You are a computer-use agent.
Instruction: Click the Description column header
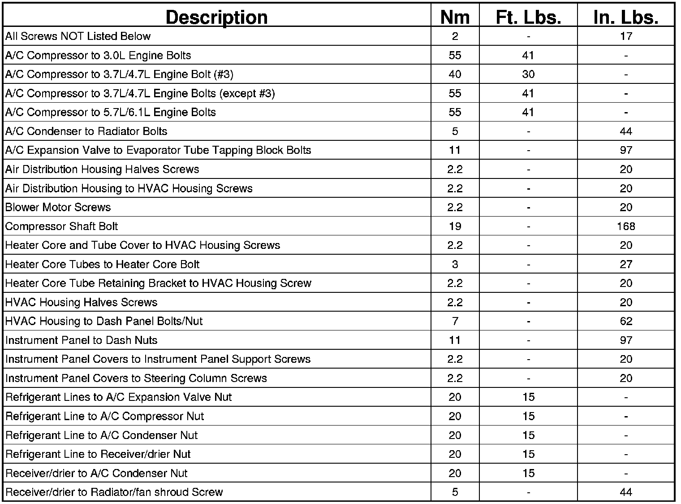(x=216, y=17)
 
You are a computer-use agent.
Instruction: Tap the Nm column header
(x=455, y=17)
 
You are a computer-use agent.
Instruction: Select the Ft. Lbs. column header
(x=528, y=17)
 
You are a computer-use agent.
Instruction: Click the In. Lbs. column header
(x=625, y=17)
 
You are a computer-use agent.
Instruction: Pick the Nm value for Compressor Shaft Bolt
(x=455, y=226)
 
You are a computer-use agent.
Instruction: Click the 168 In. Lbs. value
(x=625, y=226)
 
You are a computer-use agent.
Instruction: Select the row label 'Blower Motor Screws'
(x=58, y=207)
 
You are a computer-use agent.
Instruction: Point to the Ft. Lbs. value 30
(x=528, y=74)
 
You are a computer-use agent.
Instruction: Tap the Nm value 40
(x=455, y=74)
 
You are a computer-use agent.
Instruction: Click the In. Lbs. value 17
(x=625, y=36)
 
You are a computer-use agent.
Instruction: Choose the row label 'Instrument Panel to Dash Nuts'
(x=81, y=340)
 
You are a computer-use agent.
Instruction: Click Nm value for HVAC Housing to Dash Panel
(x=455, y=321)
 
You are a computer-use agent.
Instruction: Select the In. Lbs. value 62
(x=625, y=321)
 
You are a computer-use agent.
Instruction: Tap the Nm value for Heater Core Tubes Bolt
(x=455, y=264)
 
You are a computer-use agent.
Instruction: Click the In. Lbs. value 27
(x=625, y=264)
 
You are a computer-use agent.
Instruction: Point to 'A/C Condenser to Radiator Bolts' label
(x=86, y=131)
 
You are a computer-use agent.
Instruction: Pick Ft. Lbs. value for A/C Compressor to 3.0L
(x=528, y=55)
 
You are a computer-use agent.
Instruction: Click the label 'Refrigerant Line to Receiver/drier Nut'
(x=98, y=454)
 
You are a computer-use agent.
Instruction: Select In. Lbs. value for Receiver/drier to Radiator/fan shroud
(x=625, y=492)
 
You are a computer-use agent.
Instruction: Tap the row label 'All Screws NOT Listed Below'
(x=78, y=36)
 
